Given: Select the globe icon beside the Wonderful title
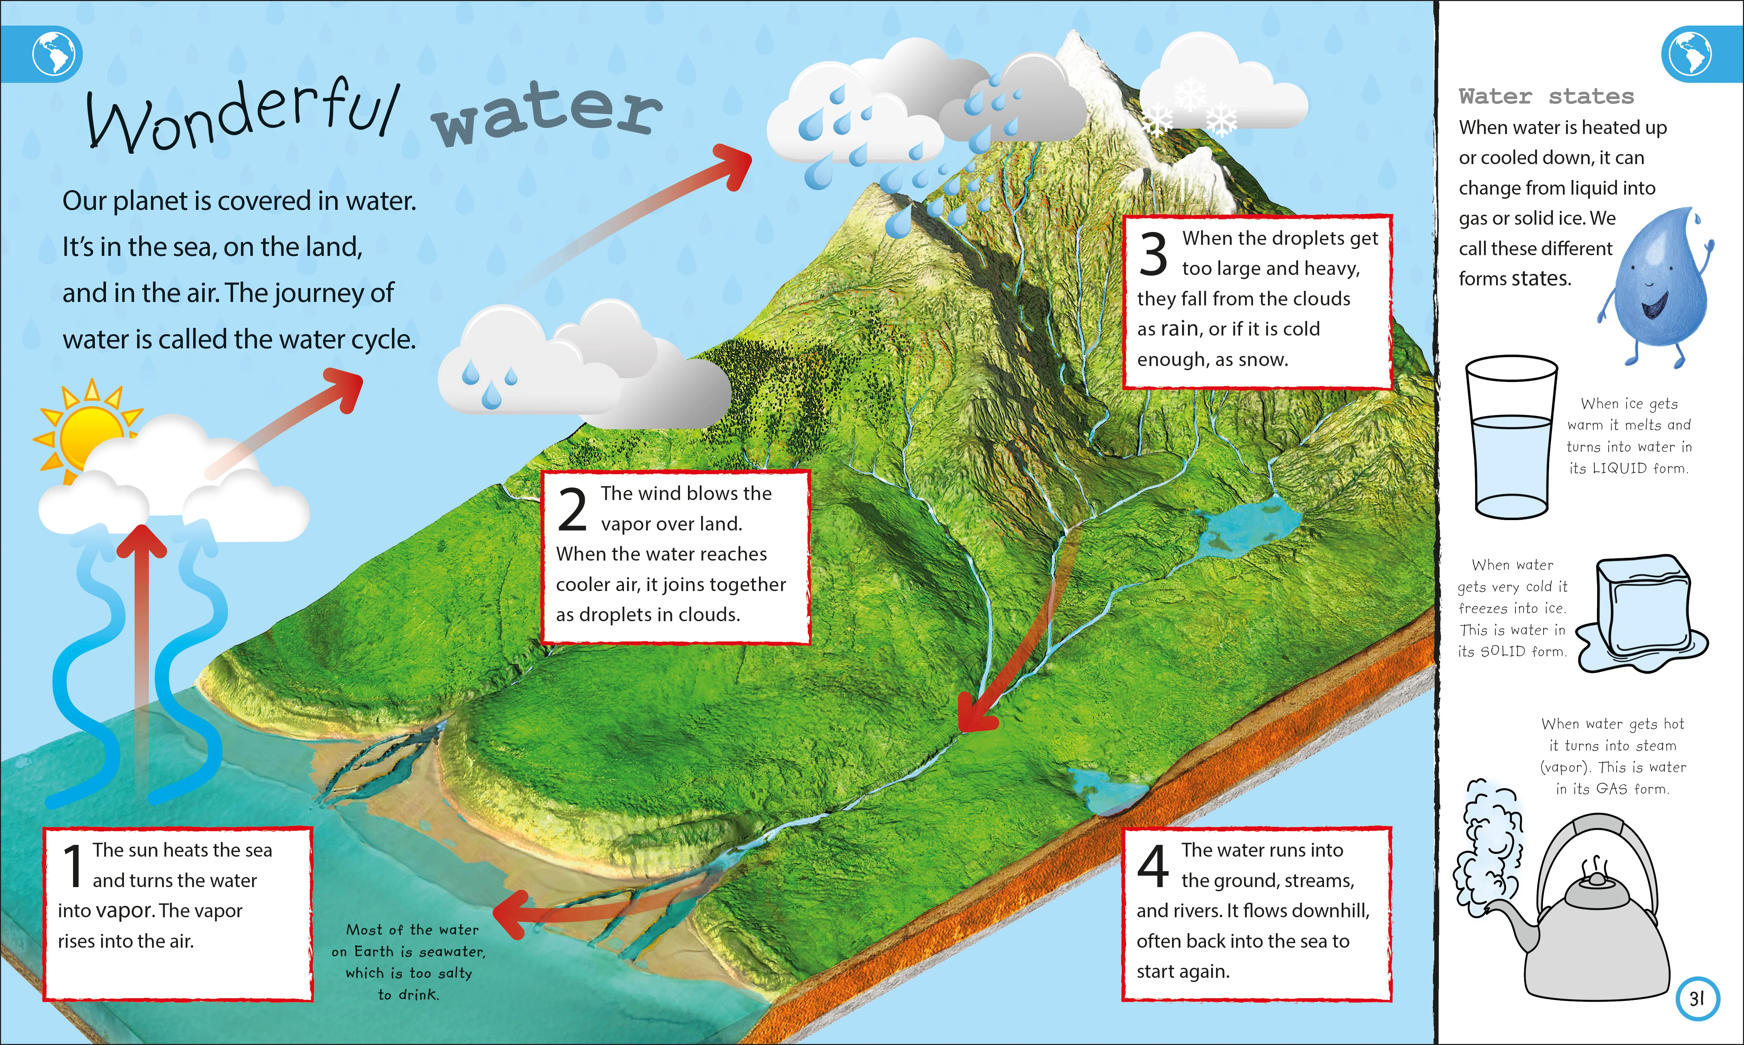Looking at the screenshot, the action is click(x=56, y=54).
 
